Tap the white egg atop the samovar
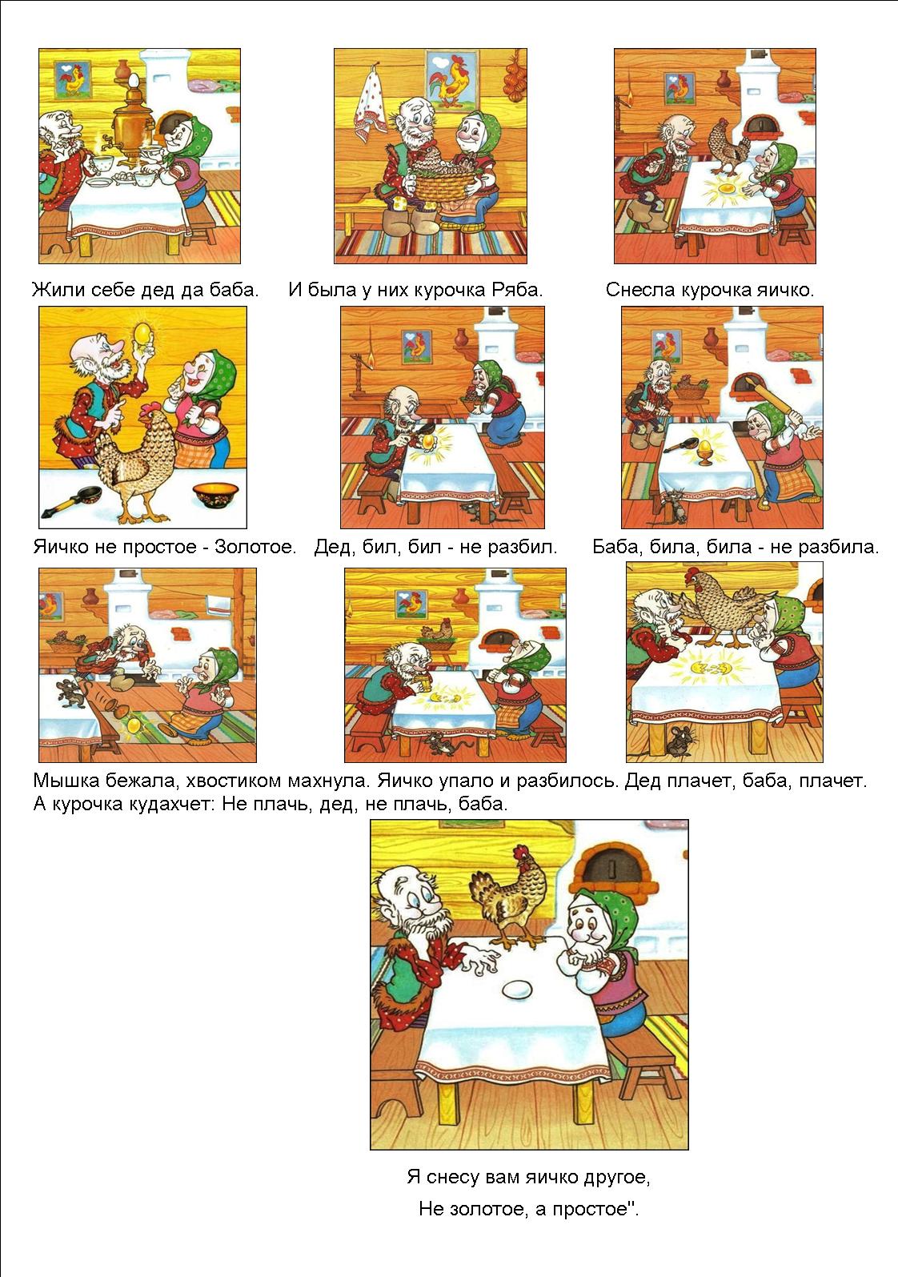click(x=134, y=80)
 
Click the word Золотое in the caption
click(x=255, y=547)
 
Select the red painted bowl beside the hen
click(x=215, y=494)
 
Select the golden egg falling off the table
click(x=134, y=725)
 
